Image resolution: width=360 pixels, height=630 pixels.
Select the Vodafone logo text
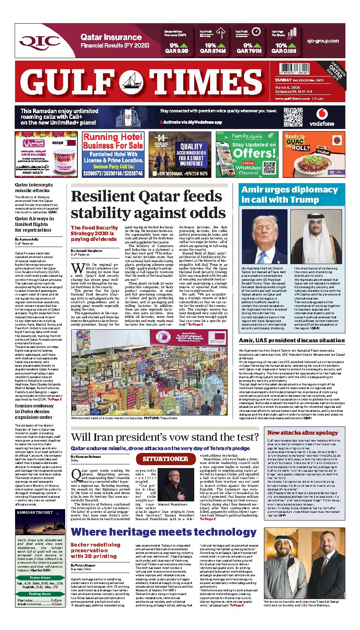tap(322, 124)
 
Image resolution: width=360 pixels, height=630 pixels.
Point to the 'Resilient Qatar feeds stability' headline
tap(148, 205)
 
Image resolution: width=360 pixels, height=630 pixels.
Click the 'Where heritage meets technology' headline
tap(163, 532)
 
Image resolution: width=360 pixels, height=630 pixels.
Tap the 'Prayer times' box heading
tap(40, 577)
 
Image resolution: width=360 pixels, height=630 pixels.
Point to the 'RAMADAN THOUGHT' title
tap(35, 512)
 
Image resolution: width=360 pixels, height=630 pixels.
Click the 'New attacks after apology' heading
tap(302, 433)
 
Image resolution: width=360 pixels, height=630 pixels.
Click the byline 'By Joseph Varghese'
tap(87, 251)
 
